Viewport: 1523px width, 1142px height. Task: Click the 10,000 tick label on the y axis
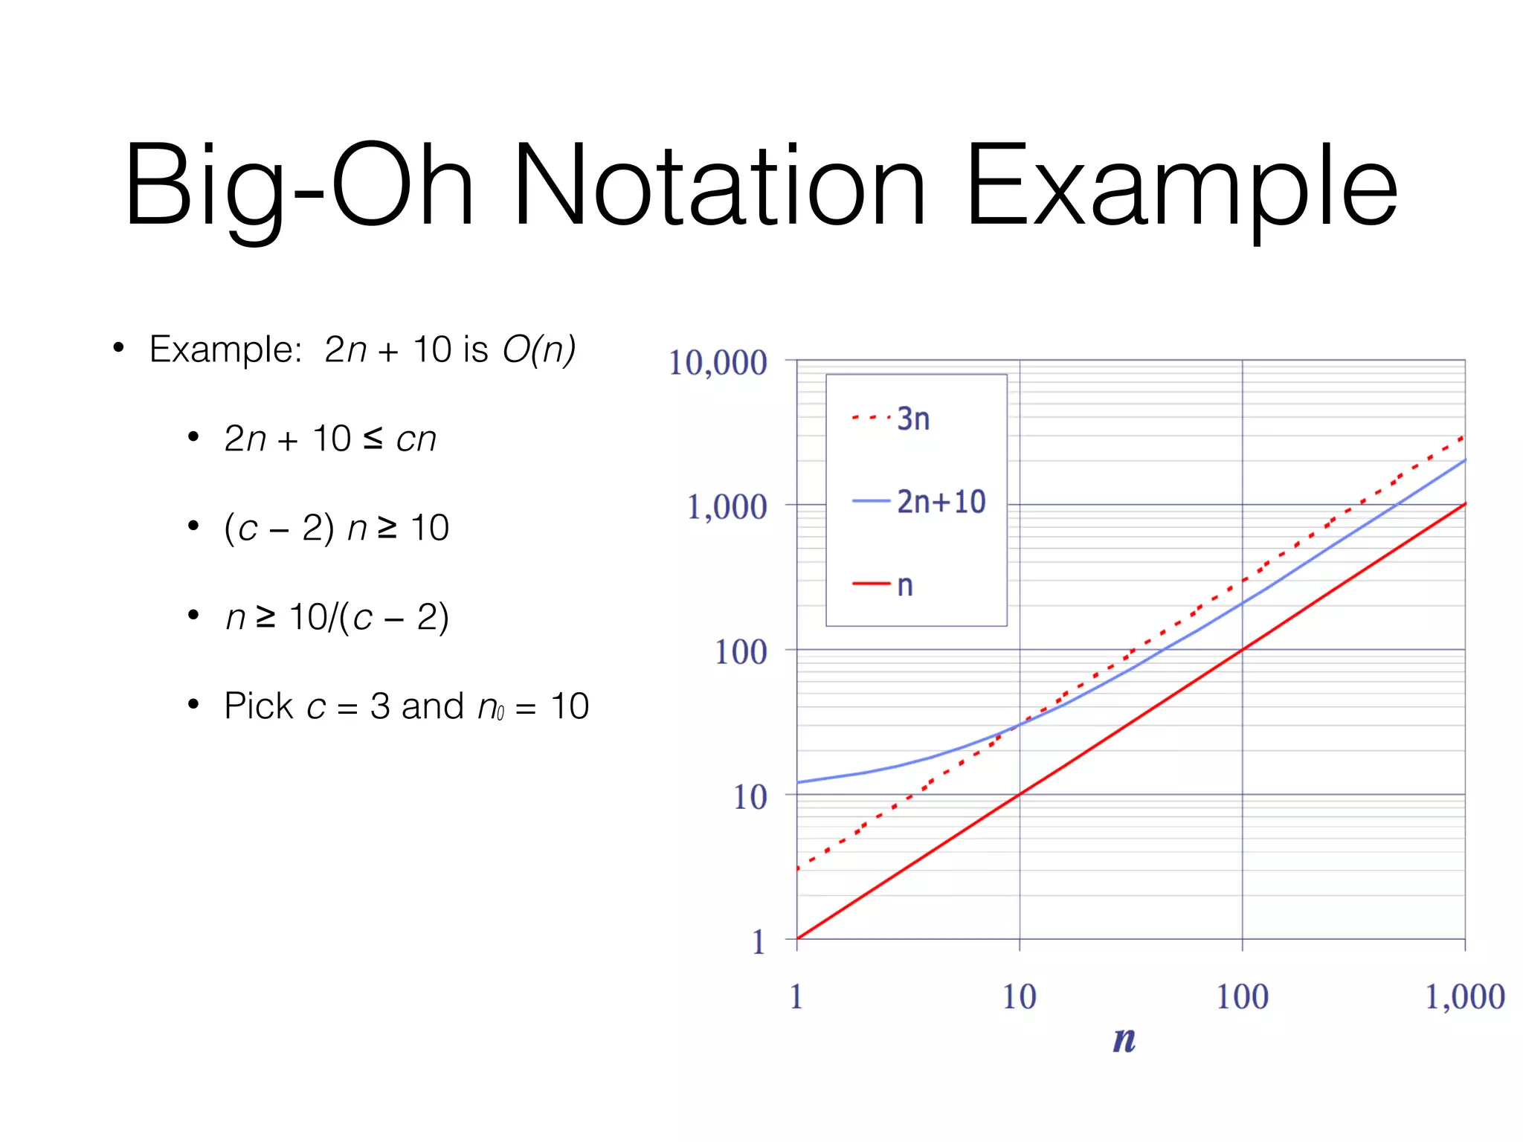tap(718, 363)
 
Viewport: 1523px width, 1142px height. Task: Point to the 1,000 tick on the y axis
tap(727, 507)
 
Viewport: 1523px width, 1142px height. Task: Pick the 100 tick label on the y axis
tap(741, 652)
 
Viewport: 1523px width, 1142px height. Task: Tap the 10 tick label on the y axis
tap(750, 797)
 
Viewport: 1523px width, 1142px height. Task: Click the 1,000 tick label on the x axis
tap(1464, 996)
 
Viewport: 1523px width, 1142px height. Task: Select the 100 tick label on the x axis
tap(1242, 996)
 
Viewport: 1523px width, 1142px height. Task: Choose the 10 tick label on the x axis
tap(1019, 996)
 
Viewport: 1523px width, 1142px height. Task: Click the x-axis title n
tap(1124, 1039)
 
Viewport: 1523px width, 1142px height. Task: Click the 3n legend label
tap(913, 419)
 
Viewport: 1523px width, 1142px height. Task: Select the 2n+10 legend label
tap(941, 502)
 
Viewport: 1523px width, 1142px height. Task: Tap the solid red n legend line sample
tap(871, 584)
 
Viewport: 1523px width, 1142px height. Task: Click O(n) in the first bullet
tap(539, 349)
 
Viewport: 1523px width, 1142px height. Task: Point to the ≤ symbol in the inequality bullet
tap(373, 438)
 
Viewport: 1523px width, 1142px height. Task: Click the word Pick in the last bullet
tap(258, 706)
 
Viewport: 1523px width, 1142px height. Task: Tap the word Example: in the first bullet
tap(225, 349)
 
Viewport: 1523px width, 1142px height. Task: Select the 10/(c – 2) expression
tap(369, 616)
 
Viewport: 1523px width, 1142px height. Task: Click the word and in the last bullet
tap(432, 706)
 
